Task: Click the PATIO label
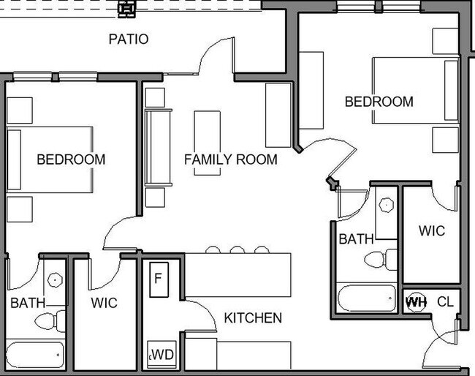129,39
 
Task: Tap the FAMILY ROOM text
230,159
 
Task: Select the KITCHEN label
253,317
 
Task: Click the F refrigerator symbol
159,279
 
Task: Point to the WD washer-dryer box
161,355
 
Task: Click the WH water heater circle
416,301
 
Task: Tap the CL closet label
445,301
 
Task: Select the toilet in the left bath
50,321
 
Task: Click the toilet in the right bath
381,260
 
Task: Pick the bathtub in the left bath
36,355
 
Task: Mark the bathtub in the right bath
367,298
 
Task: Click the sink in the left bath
55,280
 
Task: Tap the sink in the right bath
387,206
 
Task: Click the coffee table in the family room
208,143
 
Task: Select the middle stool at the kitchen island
237,250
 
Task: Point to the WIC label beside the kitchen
104,303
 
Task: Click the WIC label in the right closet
432,230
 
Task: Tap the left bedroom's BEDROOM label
71,159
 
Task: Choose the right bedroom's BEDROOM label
379,102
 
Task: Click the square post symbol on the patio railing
126,9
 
